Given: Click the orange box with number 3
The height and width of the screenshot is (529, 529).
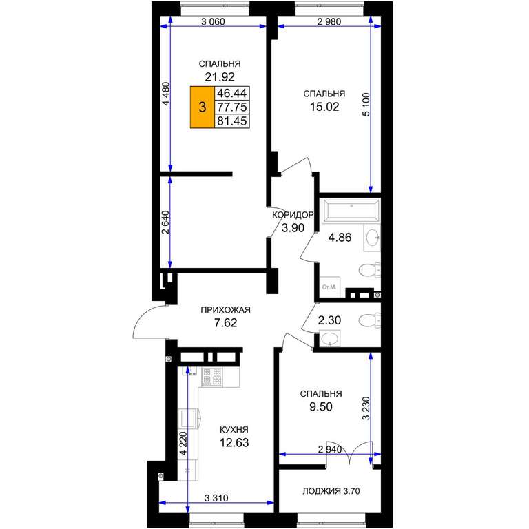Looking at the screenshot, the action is [x=202, y=107].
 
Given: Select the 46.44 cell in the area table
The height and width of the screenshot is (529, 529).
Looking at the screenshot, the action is [x=231, y=93].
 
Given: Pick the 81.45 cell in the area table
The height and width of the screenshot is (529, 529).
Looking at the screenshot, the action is [x=231, y=121].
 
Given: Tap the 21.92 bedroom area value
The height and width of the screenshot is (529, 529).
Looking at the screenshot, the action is [x=220, y=77].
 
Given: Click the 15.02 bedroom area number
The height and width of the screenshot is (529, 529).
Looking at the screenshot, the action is [x=324, y=107].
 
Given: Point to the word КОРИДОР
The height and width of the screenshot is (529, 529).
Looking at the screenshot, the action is [x=293, y=215].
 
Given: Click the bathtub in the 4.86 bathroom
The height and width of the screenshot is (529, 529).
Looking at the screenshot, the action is [x=351, y=211].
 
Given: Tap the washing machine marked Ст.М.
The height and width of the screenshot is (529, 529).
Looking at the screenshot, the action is [x=329, y=287].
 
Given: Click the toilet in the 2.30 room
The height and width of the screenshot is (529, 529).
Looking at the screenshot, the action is [x=370, y=320].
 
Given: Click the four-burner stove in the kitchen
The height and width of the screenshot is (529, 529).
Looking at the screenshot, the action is [x=212, y=377].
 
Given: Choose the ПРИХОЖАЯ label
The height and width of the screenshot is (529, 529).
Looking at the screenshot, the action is [x=225, y=310].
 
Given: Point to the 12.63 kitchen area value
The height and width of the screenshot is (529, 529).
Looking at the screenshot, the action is [x=234, y=442].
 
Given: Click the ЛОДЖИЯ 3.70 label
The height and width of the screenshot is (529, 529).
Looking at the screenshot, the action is [x=331, y=491].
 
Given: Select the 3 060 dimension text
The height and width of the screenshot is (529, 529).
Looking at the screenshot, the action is [x=213, y=22].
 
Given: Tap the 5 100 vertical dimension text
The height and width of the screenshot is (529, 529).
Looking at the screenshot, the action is [x=366, y=105].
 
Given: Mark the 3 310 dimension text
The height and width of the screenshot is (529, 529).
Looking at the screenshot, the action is [x=216, y=498].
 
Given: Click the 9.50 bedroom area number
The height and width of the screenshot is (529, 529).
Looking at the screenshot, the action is [x=321, y=407].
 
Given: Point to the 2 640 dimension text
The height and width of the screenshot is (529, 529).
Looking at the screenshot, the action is [x=165, y=222].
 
